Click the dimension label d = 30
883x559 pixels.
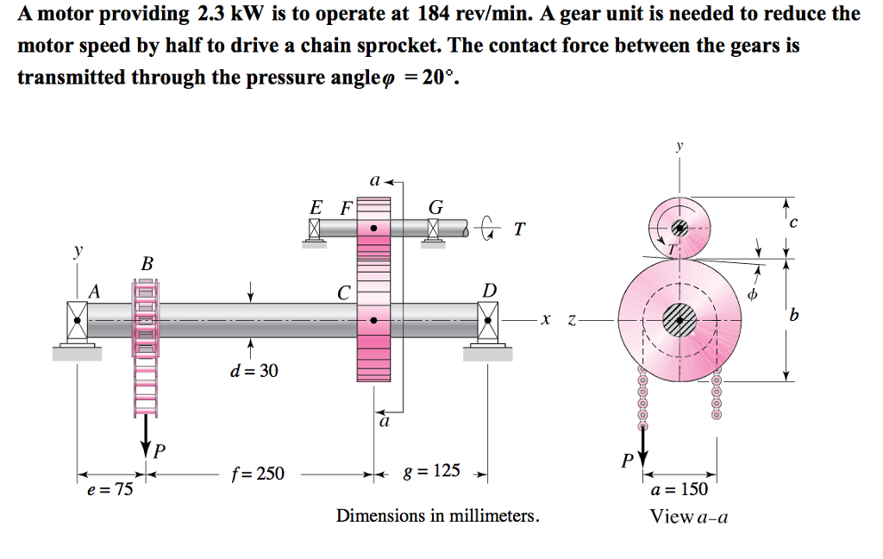click(x=254, y=371)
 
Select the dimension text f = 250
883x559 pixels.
click(x=257, y=474)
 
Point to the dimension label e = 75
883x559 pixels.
click(x=110, y=490)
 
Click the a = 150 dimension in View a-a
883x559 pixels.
click(x=679, y=490)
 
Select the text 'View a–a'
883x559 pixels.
click(x=689, y=517)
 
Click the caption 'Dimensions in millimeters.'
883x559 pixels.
click(x=438, y=516)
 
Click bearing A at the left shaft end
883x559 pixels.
click(x=78, y=319)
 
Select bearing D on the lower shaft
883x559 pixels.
click(x=489, y=321)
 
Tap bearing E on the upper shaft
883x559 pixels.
click(x=314, y=229)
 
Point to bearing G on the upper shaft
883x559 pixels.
click(x=434, y=229)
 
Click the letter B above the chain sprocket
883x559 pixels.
click(x=147, y=262)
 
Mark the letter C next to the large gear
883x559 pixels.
click(x=344, y=293)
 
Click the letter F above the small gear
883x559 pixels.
click(x=346, y=208)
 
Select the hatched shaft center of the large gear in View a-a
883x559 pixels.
click(x=679, y=320)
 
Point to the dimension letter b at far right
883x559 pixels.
click(x=793, y=317)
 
